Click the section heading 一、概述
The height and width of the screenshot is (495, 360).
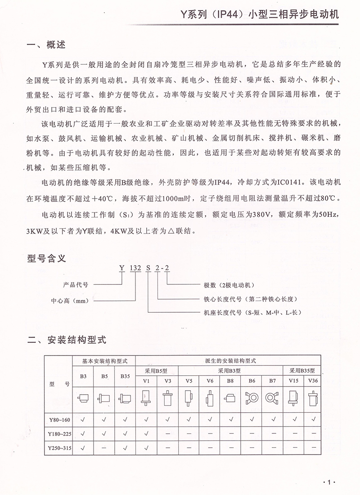46,45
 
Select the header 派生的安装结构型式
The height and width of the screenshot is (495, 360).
227,361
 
